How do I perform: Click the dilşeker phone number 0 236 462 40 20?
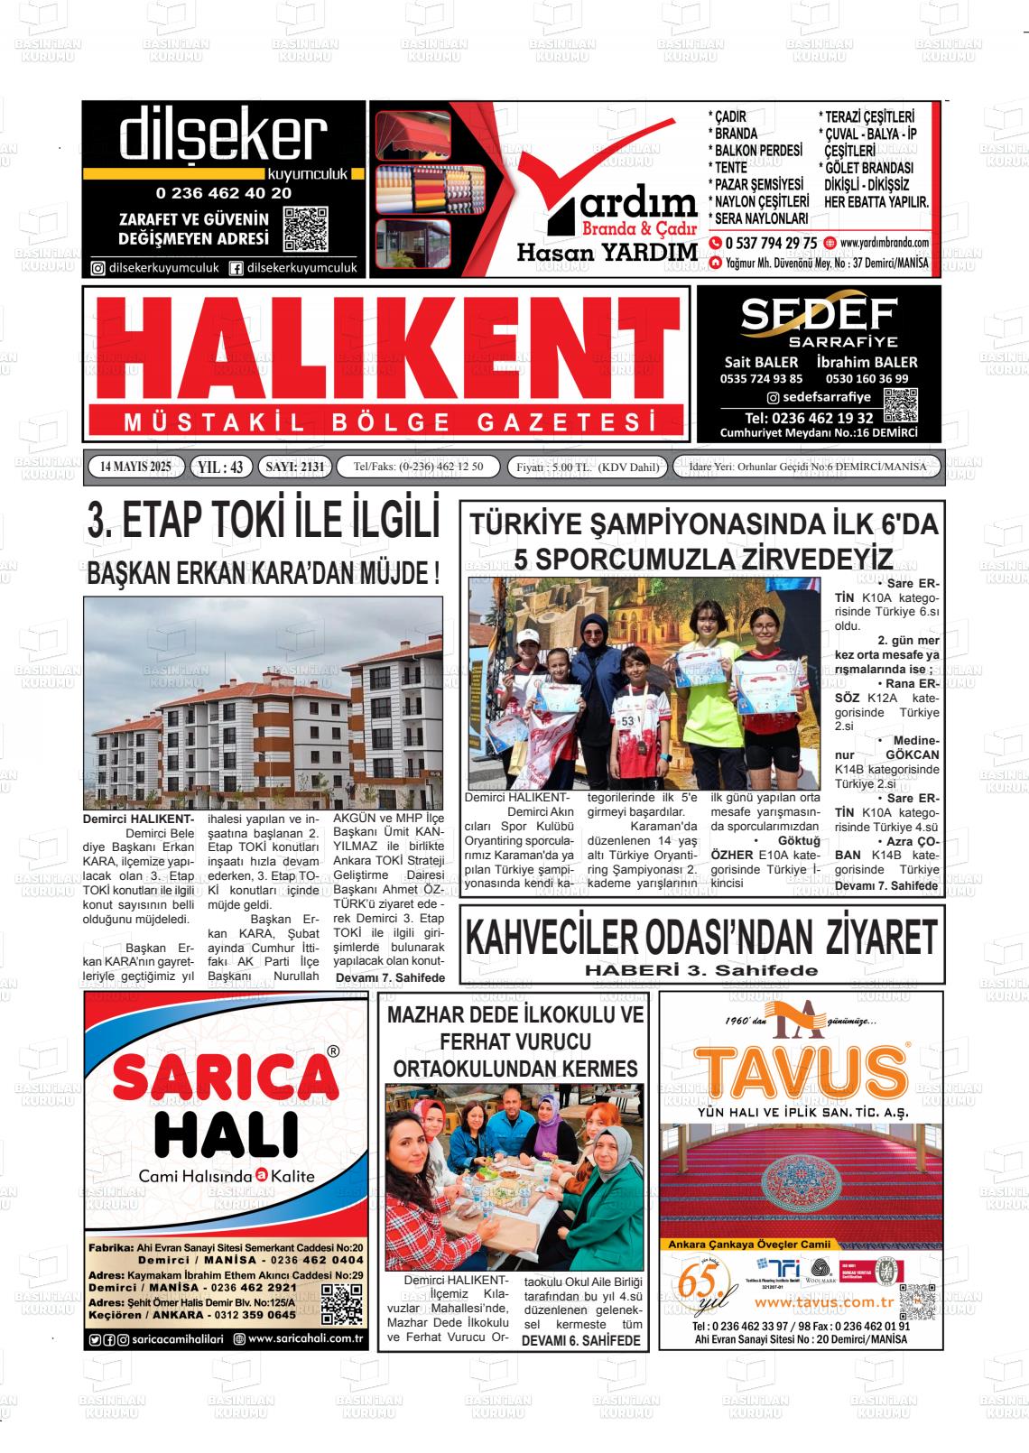point(223,192)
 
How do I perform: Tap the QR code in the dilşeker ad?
point(304,229)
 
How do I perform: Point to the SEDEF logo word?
point(819,313)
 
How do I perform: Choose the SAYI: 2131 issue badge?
point(294,467)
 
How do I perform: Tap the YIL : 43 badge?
point(220,467)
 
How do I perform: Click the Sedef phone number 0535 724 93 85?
point(761,379)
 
